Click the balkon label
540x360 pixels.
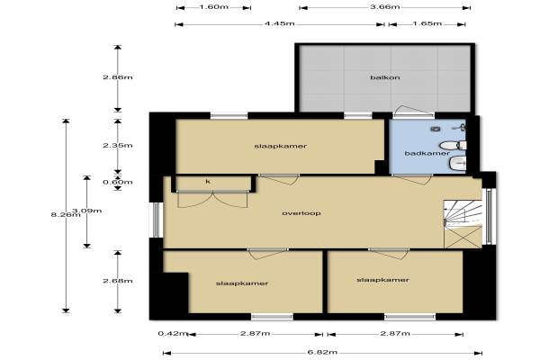pos(385,77)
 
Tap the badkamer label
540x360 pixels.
pos(427,153)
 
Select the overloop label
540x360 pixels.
pos(301,213)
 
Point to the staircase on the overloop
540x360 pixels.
pos(463,223)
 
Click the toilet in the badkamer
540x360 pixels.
pos(454,145)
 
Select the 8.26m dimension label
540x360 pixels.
pos(66,214)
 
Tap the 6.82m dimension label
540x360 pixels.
pos(322,353)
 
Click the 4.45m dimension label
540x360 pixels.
pos(279,23)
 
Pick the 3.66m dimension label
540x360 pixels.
pos(384,7)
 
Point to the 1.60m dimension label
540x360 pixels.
pos(214,7)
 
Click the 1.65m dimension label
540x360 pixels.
pos(427,23)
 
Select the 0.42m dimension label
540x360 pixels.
pos(173,334)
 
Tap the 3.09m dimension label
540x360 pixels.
pos(86,211)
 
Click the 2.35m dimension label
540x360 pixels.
pos(117,146)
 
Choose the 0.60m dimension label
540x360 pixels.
pos(117,182)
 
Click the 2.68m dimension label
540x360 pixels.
pos(117,281)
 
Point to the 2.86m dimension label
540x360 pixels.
pos(117,77)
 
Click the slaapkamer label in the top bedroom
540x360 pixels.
pos(280,146)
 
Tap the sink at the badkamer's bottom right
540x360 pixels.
pos(458,163)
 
